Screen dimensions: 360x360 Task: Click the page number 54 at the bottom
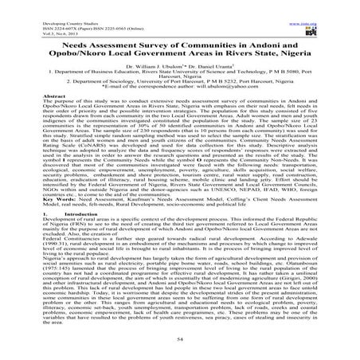pyautogui.click(x=179, y=338)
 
